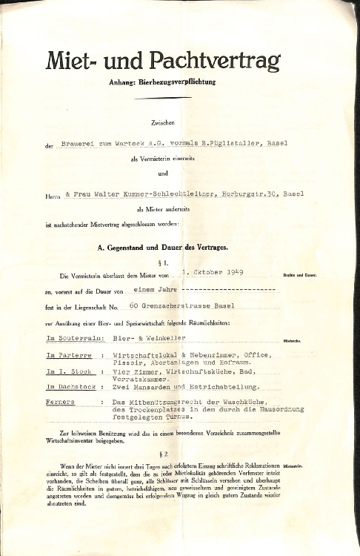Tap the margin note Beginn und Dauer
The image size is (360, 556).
coord(300,275)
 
